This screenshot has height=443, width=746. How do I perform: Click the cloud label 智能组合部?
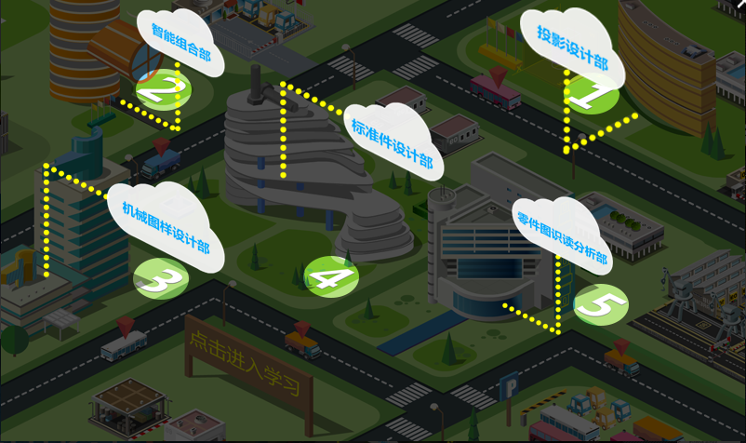[180, 43]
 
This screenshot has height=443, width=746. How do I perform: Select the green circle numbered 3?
[160, 278]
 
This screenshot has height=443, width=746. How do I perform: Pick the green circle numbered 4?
[330, 276]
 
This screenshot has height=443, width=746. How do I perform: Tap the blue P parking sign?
[509, 385]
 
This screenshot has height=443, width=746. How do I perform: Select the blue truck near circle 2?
[162, 166]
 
